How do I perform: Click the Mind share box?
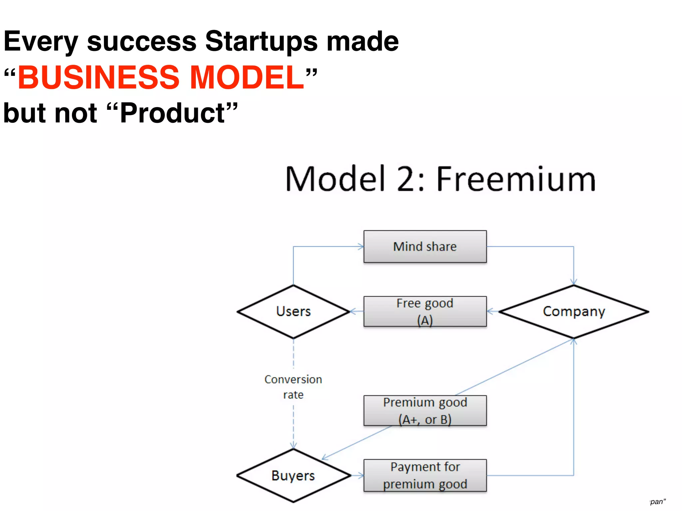tap(425, 247)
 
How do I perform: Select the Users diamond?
tap(293, 311)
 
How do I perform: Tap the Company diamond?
tap(573, 311)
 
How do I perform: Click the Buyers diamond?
tap(293, 475)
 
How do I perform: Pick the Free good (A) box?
tap(425, 311)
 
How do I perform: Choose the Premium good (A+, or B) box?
tap(425, 411)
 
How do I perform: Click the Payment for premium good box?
tap(425, 475)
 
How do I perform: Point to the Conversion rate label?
tap(293, 387)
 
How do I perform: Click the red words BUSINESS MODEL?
tap(161, 77)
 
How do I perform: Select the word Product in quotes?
tap(172, 113)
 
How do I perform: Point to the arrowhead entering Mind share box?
tap(361, 247)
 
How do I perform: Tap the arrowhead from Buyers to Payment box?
tap(361, 475)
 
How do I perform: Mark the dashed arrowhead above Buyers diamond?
tap(293, 446)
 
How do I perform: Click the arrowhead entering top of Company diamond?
tap(573, 282)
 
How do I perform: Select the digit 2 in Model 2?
tap(409, 180)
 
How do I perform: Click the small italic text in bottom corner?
tap(658, 502)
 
